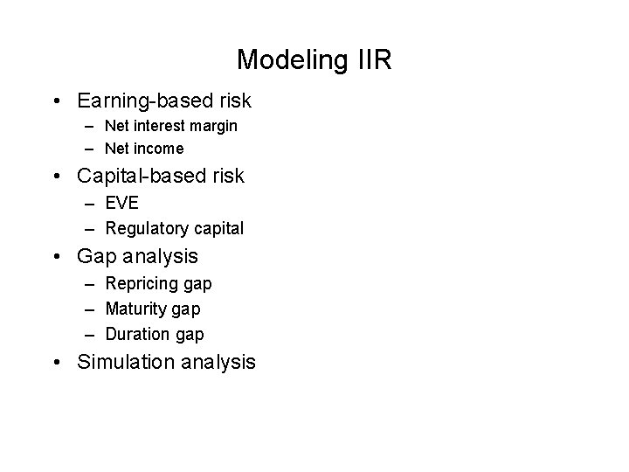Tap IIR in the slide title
pyautogui.click(x=375, y=60)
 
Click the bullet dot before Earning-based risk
pyautogui.click(x=57, y=101)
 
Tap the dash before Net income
pyautogui.click(x=91, y=149)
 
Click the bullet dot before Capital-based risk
pyautogui.click(x=57, y=176)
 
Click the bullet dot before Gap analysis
pyautogui.click(x=57, y=257)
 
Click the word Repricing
pyautogui.click(x=142, y=284)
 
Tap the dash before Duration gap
pyautogui.click(x=91, y=334)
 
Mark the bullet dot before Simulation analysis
pyautogui.click(x=57, y=362)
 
